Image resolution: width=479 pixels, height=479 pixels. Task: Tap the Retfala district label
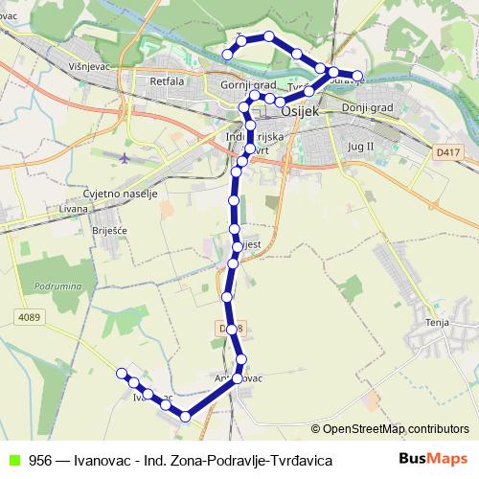click(x=167, y=82)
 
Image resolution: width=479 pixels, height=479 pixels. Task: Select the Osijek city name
click(x=305, y=112)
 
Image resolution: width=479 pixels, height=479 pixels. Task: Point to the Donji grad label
click(x=368, y=108)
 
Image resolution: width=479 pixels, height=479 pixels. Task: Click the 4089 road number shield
click(x=28, y=315)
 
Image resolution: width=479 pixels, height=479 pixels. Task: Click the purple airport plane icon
click(x=125, y=156)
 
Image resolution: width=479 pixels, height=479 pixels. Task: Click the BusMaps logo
click(x=434, y=459)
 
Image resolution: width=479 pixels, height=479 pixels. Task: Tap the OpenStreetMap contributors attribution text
click(x=390, y=428)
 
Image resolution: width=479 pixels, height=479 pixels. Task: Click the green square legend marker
click(x=13, y=460)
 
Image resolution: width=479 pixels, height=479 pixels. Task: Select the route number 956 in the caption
click(x=40, y=460)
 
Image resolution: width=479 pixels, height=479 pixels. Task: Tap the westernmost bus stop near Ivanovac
click(x=122, y=373)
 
